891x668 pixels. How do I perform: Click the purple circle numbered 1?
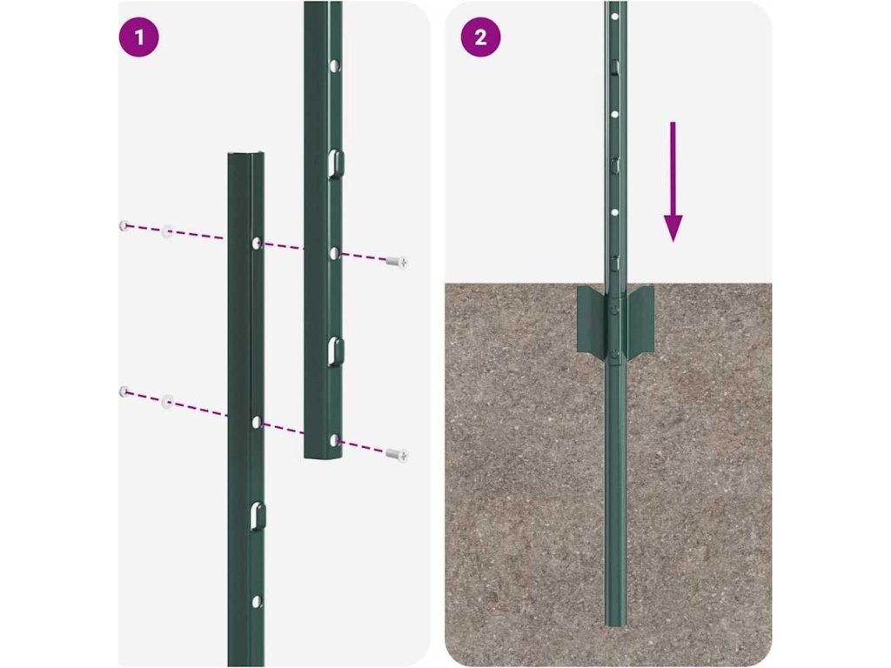tap(138, 37)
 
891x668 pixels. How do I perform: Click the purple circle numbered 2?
tap(480, 37)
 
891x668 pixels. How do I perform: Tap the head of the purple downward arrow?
tap(673, 228)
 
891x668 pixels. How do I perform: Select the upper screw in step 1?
tap(397, 262)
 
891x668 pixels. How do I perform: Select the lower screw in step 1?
tap(397, 454)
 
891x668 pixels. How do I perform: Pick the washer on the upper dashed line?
tap(167, 230)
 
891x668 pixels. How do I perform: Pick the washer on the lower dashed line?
tap(167, 401)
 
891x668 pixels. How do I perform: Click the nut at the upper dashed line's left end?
tap(124, 225)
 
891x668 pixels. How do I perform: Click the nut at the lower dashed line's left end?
tap(124, 391)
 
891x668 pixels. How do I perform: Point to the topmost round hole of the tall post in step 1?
tap(335, 66)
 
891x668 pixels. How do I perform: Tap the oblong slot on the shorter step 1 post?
tap(257, 516)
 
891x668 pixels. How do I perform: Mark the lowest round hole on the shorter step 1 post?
tap(257, 601)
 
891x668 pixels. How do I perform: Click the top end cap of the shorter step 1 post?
tap(245, 155)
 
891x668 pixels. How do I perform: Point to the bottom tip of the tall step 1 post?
tap(322, 455)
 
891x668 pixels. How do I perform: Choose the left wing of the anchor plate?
tap(591, 319)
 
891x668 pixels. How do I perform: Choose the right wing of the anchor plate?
tap(640, 319)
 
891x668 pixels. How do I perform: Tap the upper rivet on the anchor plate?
tap(614, 309)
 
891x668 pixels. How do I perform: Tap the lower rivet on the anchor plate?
tap(614, 356)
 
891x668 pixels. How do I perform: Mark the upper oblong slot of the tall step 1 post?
tap(335, 163)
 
